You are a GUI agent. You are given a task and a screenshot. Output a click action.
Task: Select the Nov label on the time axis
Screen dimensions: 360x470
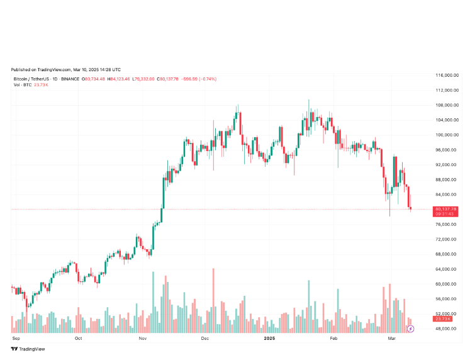coord(142,338)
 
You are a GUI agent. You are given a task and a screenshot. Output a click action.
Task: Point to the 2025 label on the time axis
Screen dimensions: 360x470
coord(269,338)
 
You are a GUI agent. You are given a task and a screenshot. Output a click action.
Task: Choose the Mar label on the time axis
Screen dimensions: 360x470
coord(392,338)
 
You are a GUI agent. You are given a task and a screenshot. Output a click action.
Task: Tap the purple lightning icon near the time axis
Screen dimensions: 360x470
coord(410,329)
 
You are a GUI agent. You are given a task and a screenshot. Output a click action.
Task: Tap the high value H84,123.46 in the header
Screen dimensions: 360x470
coord(119,79)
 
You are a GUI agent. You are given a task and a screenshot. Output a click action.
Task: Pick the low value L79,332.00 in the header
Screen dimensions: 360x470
coord(145,79)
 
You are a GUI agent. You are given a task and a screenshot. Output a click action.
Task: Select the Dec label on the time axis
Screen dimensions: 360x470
coord(205,338)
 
